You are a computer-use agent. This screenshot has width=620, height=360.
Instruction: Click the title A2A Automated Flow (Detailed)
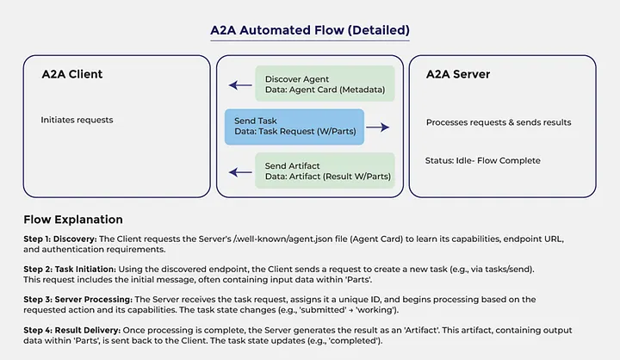[310, 30]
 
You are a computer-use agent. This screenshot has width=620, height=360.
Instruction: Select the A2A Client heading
[72, 74]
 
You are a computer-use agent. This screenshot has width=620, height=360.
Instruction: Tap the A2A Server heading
[458, 74]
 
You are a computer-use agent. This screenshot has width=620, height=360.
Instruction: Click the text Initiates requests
[77, 120]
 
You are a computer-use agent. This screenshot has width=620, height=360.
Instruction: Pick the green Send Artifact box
[324, 170]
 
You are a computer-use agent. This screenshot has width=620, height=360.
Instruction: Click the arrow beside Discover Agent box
[239, 86]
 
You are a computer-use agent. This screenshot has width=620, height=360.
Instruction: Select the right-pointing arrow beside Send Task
[378, 127]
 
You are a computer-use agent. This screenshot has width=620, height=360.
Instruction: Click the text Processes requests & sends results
[499, 122]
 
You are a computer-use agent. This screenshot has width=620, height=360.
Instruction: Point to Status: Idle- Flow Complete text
[482, 161]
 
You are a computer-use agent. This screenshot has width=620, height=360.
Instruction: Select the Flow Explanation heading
[73, 220]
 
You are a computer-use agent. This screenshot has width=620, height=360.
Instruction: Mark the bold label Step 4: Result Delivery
[71, 331]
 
